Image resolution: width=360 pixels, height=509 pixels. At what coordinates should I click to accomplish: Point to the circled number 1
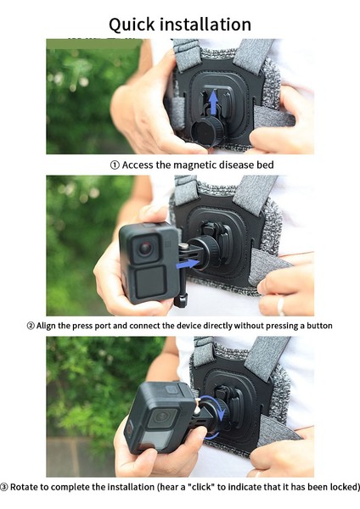[x=115, y=165]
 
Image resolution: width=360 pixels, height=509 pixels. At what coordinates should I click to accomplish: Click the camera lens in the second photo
[x=145, y=249]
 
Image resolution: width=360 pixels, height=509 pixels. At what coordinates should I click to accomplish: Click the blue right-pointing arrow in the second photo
[x=188, y=263]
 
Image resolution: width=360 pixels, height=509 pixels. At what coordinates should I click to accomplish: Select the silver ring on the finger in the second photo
[x=281, y=305]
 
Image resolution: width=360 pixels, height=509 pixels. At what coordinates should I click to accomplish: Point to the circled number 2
[x=31, y=326]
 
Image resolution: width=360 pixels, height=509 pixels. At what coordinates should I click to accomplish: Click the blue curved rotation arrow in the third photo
[x=225, y=414]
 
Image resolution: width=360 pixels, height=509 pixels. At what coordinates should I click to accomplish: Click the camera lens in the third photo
[x=162, y=416]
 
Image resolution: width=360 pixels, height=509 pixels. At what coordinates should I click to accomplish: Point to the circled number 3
[x=4, y=487]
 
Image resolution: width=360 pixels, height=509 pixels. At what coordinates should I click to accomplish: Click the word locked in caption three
[x=344, y=487]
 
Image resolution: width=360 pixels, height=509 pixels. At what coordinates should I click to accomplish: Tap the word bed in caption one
[x=266, y=165]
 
